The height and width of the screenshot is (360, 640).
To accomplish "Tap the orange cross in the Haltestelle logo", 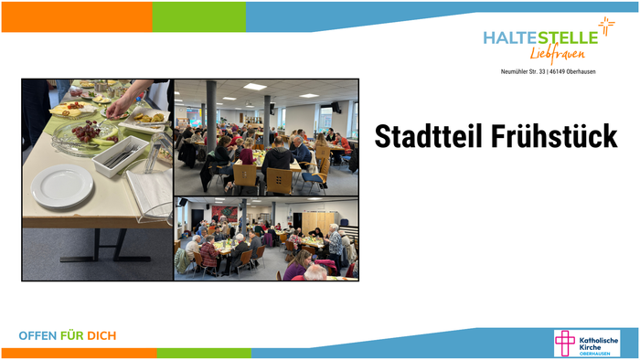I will [606, 26].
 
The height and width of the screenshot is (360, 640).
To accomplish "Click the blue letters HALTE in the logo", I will [509, 37].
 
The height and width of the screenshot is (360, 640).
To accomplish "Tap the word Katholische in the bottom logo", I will [599, 340].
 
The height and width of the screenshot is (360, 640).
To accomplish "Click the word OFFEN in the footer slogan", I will [37, 336].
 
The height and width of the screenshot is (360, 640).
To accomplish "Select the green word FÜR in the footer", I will [72, 336].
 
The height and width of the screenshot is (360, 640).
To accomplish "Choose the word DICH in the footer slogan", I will [101, 336].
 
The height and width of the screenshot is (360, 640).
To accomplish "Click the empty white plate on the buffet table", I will [62, 185].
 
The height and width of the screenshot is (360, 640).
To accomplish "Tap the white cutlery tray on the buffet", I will [118, 156].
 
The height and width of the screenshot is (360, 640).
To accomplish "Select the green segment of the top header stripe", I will [199, 16].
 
